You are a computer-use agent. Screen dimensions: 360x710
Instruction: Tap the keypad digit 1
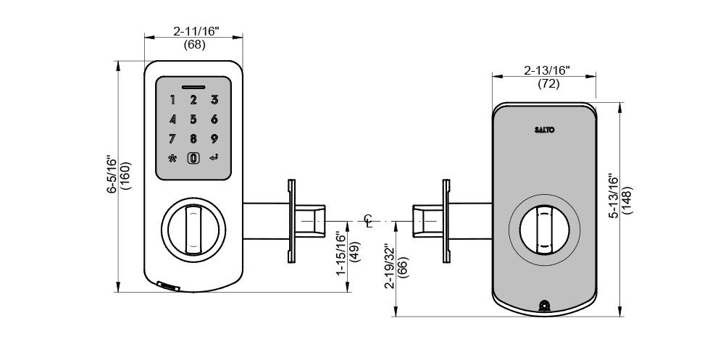tap(172, 100)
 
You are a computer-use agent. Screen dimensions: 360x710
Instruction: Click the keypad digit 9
tap(214, 139)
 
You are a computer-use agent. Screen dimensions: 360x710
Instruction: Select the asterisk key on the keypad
tap(172, 159)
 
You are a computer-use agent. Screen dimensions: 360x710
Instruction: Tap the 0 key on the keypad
tap(193, 159)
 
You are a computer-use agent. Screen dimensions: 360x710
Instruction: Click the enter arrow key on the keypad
tap(214, 159)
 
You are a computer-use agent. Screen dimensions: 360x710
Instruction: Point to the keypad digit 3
tap(214, 100)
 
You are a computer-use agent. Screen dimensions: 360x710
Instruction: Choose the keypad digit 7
tap(172, 139)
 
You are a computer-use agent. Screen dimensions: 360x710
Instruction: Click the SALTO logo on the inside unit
tap(544, 130)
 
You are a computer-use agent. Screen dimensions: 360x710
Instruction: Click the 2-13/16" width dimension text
tap(546, 70)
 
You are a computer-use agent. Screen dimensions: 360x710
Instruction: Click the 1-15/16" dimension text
tap(341, 254)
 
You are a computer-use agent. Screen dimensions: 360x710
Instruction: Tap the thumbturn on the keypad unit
tap(193, 229)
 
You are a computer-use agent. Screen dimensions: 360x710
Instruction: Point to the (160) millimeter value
tap(125, 175)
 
